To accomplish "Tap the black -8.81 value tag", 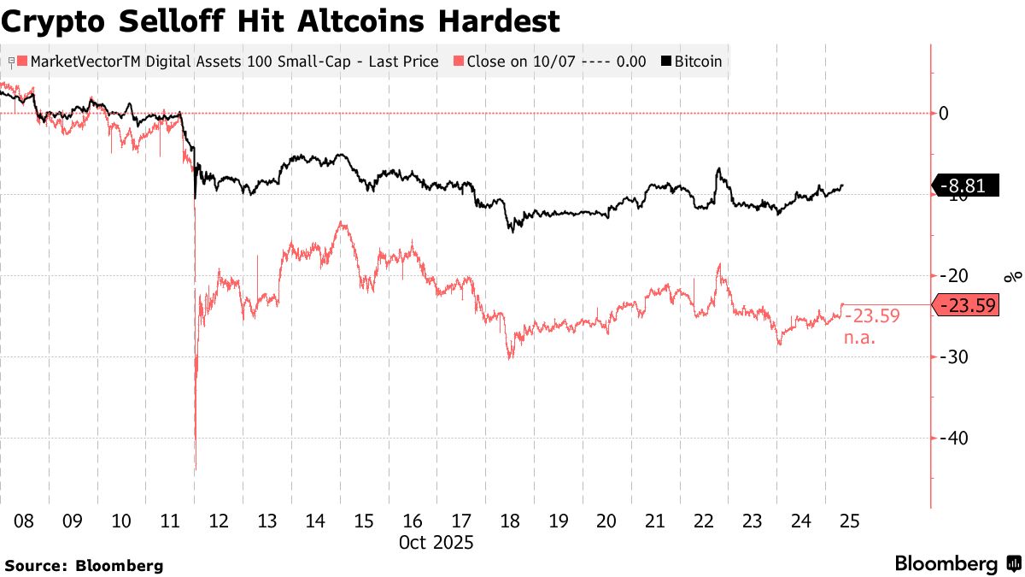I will click(966, 186).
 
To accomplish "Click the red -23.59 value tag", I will click(969, 305).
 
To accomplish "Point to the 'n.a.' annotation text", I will click(861, 338).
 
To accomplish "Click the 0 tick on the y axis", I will click(945, 113).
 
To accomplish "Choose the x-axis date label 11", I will click(170, 521).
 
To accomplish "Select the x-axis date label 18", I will click(510, 521).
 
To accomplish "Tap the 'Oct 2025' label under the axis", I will click(436, 542).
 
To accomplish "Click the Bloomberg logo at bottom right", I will click(957, 564).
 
